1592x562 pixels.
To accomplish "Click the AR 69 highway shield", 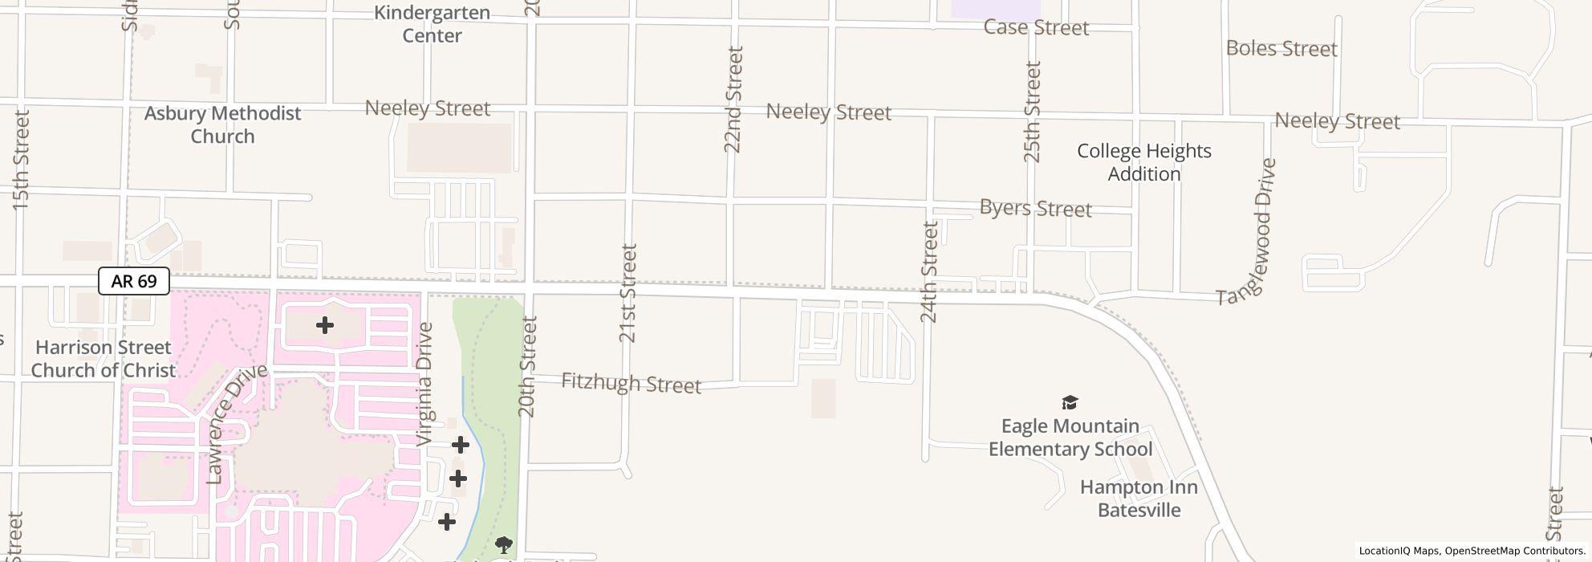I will click(x=134, y=281).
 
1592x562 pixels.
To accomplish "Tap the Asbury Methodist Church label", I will click(x=222, y=124).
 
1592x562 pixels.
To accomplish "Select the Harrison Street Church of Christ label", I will click(x=104, y=359).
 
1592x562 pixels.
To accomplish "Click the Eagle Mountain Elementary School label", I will click(x=1070, y=438).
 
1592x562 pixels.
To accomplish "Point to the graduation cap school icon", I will click(x=1070, y=402).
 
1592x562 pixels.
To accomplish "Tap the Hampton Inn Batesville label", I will click(x=1139, y=499).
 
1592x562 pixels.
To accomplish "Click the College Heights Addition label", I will click(x=1143, y=162).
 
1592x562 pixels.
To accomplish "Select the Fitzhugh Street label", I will click(x=631, y=383).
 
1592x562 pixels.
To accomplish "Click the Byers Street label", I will click(x=1035, y=209).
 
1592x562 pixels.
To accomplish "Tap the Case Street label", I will click(x=1036, y=27).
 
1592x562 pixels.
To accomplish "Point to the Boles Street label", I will click(x=1281, y=49).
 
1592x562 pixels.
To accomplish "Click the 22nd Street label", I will click(x=733, y=100).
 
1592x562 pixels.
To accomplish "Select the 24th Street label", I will click(x=930, y=272).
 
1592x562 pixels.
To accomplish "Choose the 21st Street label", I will click(x=628, y=293).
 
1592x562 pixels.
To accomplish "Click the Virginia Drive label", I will click(x=425, y=384).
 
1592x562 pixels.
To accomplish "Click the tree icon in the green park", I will click(x=504, y=546).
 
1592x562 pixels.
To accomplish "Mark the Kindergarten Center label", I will click(x=432, y=24).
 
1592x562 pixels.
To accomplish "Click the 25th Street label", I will click(x=1033, y=112).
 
